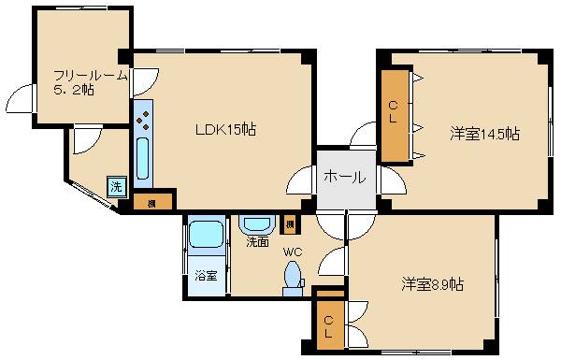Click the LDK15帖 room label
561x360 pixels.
pyautogui.click(x=224, y=130)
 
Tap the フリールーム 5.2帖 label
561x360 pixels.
pyautogui.click(x=86, y=83)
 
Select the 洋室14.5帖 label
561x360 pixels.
pyautogui.click(x=484, y=134)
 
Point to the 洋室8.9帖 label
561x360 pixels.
pyautogui.click(x=432, y=284)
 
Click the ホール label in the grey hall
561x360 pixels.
pyautogui.click(x=344, y=176)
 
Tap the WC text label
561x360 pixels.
pyautogui.click(x=293, y=251)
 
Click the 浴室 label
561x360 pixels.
pyautogui.click(x=206, y=276)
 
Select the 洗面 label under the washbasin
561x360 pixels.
pyautogui.click(x=257, y=241)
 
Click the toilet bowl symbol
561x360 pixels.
pyautogui.click(x=293, y=277)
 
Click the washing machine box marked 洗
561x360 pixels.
pyautogui.click(x=116, y=185)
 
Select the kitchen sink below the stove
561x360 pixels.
pyautogui.click(x=143, y=160)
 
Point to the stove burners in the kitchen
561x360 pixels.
pyautogui.click(x=143, y=118)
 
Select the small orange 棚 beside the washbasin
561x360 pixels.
pyautogui.click(x=291, y=224)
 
